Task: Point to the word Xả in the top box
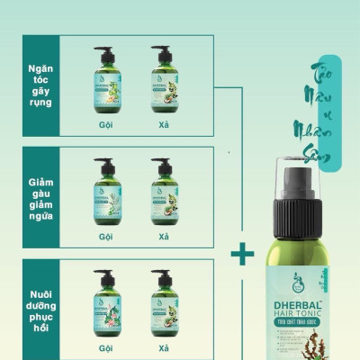pos(163,124)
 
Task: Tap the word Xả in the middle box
pos(163,237)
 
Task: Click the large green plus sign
pos(242,255)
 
